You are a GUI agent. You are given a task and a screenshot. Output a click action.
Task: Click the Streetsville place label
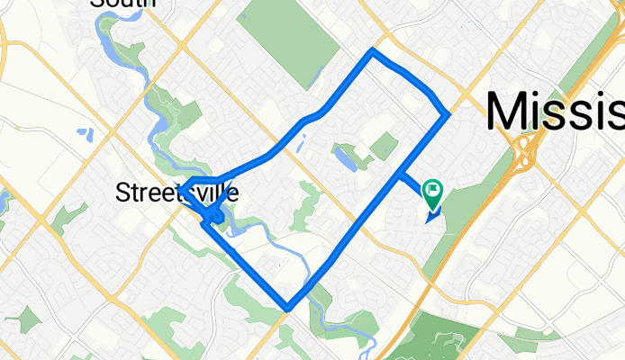177,192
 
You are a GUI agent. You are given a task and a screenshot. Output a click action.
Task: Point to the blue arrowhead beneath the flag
432,214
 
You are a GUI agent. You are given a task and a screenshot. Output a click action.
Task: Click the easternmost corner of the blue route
448,115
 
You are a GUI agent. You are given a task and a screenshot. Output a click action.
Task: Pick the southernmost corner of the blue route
287,309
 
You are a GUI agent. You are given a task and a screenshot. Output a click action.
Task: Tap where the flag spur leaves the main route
399,175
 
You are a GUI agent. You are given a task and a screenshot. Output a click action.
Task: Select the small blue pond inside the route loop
345,159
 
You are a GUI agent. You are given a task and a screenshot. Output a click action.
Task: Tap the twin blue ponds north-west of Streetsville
85,135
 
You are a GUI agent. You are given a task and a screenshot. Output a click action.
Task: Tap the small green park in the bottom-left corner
27,319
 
